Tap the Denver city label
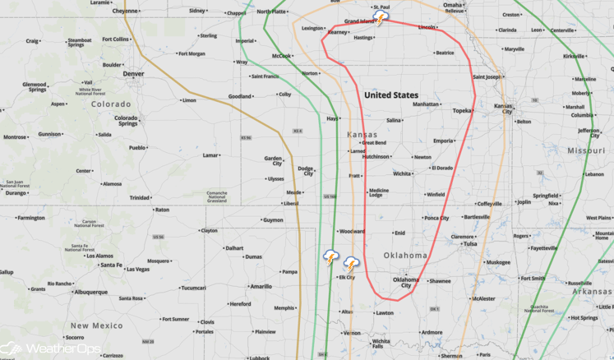point(133,73)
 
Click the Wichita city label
point(402,173)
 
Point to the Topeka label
point(462,110)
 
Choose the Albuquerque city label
point(90,291)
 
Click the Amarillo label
point(261,287)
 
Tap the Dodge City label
point(305,170)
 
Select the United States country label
point(391,95)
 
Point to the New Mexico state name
point(96,325)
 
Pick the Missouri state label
point(584,150)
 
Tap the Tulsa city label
point(469,243)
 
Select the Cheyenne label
point(126,11)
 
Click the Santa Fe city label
point(112,265)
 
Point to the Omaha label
point(453,5)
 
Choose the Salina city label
point(395,120)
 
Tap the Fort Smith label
point(533,278)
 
